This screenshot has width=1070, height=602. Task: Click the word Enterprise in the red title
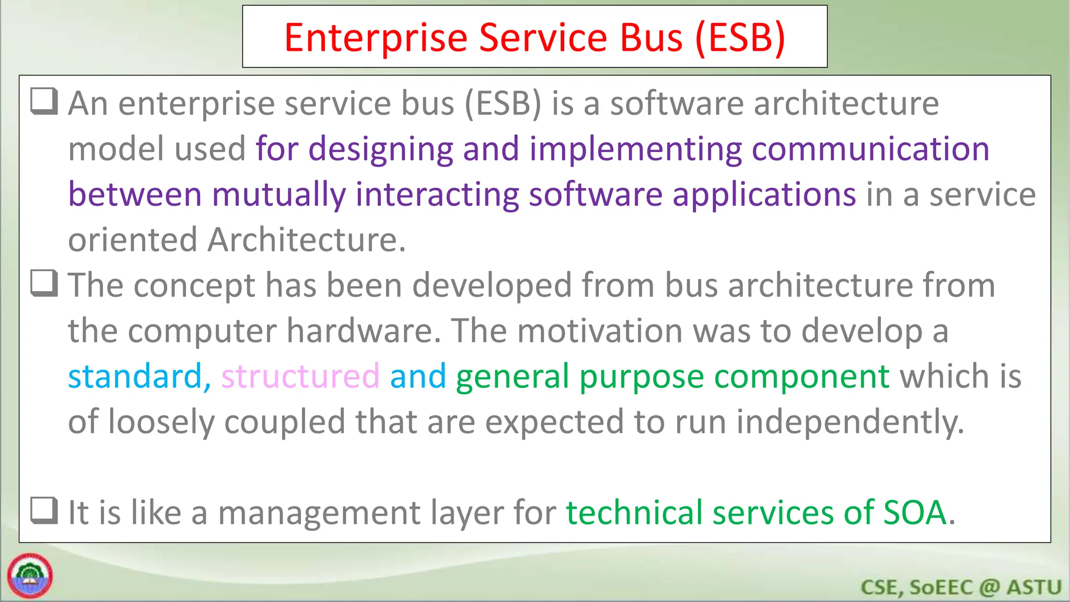375,38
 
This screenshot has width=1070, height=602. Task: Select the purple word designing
380,149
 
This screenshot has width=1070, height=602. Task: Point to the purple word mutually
278,194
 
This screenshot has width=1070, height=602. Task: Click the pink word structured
300,376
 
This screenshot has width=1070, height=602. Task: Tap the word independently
850,422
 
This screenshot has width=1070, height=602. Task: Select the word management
319,513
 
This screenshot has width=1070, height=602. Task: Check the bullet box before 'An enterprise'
44,101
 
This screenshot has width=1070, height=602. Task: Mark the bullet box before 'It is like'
44,510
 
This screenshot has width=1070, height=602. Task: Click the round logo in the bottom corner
30,575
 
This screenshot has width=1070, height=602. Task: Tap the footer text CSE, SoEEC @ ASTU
960,587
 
